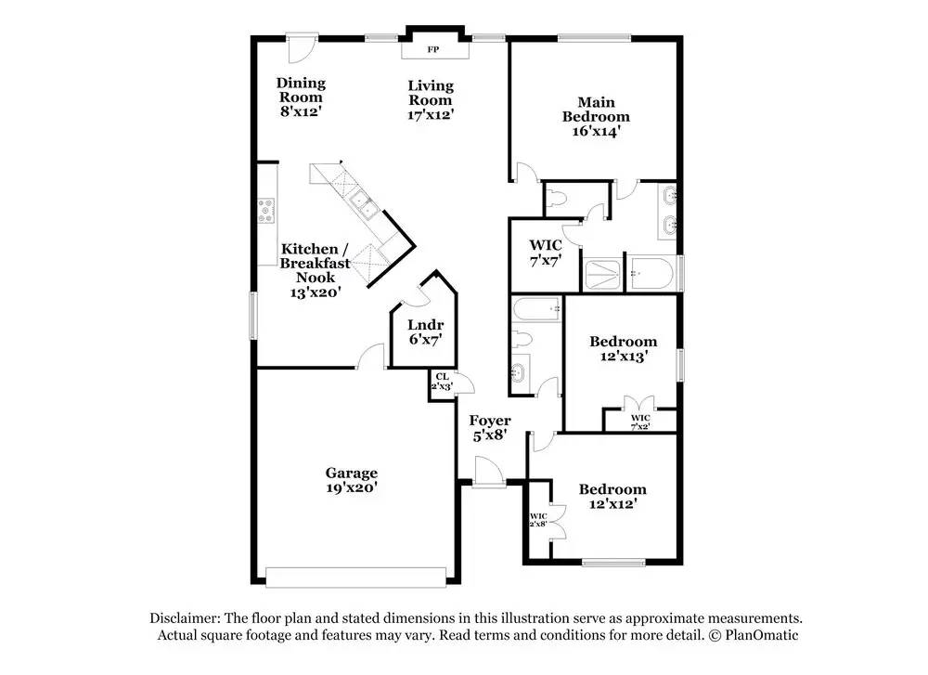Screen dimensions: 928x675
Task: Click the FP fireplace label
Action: pos(432,50)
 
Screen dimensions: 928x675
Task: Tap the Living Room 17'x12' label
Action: pos(431,100)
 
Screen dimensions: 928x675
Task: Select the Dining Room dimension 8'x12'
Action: pos(302,111)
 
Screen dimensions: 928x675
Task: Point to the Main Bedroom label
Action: pos(596,110)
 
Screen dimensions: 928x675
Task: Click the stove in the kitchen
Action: pos(266,211)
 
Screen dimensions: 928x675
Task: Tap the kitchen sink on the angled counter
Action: pos(364,204)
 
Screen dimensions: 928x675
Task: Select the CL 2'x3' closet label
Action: pos(442,382)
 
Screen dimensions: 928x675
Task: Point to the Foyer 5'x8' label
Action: pos(490,428)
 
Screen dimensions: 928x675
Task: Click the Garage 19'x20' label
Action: pos(352,480)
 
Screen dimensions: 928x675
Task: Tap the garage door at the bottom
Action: pos(355,578)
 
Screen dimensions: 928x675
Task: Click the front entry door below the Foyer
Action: pos(489,472)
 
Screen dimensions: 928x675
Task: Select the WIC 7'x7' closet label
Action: pos(545,253)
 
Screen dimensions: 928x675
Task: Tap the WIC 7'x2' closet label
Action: pos(640,422)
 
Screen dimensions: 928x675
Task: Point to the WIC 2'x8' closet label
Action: pos(538,520)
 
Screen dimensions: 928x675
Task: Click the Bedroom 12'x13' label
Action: pos(624,349)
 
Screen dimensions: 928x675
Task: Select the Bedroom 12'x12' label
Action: pos(612,496)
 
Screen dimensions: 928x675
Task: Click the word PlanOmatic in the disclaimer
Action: pos(761,635)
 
